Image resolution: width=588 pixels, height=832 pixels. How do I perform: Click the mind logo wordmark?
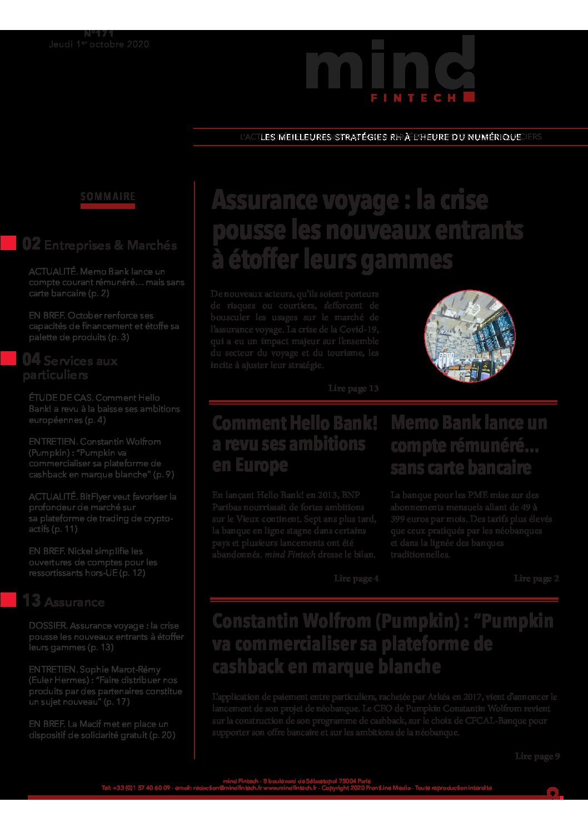389,66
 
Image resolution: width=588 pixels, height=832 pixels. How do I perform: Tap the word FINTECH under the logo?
413,98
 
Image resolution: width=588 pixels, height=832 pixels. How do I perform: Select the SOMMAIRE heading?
108,197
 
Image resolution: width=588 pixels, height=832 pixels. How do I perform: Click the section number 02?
31,244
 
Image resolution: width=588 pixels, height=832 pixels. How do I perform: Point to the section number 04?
31,360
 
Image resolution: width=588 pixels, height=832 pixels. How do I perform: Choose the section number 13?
31,601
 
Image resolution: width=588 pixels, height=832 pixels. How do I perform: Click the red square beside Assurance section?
8,600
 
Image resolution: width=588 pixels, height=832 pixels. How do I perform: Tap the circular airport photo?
470,336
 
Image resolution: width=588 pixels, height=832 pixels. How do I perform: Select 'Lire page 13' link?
353,388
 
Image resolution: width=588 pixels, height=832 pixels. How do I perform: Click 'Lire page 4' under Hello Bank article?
356,579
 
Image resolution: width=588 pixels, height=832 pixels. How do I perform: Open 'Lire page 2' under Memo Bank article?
536,579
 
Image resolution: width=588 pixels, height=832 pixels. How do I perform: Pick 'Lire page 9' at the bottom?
537,756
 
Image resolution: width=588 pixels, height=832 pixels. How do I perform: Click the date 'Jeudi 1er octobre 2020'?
99,44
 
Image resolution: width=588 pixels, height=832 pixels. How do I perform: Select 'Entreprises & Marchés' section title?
110,245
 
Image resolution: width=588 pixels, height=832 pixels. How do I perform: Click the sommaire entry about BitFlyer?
102,512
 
